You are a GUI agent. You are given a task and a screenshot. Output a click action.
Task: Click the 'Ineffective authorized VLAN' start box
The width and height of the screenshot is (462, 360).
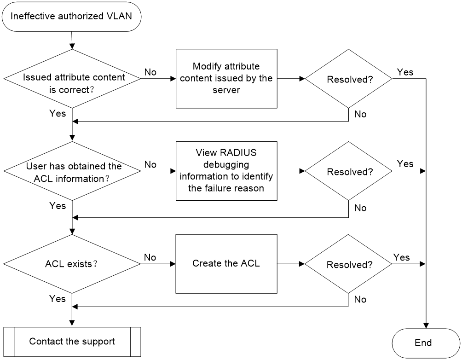click(72, 17)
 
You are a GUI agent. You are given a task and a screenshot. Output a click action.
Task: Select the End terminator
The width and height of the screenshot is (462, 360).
click(426, 343)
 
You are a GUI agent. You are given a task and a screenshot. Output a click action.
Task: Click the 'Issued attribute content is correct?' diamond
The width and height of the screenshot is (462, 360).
click(72, 79)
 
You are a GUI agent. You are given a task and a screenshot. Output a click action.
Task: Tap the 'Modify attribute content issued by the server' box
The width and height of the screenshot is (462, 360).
click(226, 79)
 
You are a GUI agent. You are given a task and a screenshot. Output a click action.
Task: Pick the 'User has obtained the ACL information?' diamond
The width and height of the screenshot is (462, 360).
click(72, 171)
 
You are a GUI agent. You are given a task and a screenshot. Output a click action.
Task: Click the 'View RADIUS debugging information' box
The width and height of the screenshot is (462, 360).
click(226, 171)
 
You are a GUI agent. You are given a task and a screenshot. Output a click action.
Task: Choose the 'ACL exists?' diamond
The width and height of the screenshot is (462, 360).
click(72, 264)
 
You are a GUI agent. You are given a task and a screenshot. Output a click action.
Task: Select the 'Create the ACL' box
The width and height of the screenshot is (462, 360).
click(226, 264)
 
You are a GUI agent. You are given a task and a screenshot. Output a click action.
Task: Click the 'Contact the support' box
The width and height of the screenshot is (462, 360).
click(72, 342)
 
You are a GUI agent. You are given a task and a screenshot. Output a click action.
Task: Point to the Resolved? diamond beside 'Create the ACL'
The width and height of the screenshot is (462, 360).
click(348, 264)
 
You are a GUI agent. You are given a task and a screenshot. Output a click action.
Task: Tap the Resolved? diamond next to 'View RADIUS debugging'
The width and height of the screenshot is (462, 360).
click(348, 171)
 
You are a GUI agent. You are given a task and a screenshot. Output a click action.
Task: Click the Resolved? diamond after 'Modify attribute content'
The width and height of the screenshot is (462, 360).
click(348, 79)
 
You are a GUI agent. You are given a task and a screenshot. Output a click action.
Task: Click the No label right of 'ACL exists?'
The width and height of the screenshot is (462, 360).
click(150, 257)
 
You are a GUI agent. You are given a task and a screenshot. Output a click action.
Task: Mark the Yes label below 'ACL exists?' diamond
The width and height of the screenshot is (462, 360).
click(58, 299)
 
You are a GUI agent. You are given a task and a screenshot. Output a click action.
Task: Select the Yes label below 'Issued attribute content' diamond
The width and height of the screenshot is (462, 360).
click(58, 114)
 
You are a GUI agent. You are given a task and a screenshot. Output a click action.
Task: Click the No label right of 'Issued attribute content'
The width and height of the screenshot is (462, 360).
click(150, 72)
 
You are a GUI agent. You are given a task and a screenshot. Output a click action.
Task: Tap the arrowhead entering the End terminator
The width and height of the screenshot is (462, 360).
click(426, 325)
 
